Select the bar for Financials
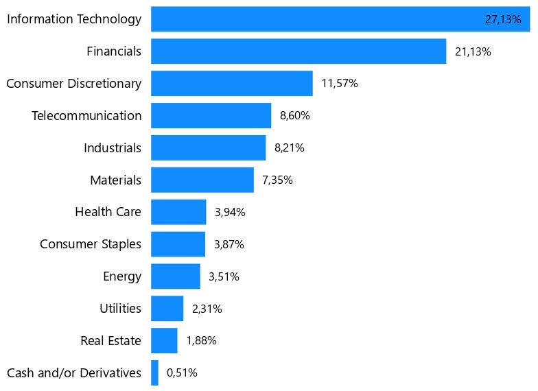point(298,51)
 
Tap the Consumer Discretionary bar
point(231,84)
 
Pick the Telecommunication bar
point(211,116)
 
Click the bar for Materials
point(202,180)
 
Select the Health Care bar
point(178,212)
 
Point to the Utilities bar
point(167,309)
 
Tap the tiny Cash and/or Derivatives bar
point(154,373)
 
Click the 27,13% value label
point(503,19)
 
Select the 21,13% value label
point(473,51)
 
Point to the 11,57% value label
point(339,84)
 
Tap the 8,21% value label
point(289,148)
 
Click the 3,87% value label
point(229,244)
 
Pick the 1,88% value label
point(201,341)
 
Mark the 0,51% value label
point(182,373)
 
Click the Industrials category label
point(113,147)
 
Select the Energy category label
point(122,276)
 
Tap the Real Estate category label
point(110,341)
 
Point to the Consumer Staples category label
point(91,244)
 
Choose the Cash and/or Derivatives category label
point(74,373)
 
